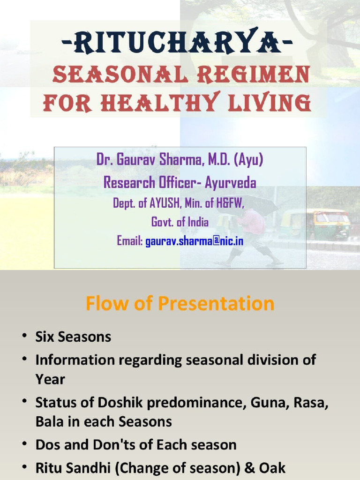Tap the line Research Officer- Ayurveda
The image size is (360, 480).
point(180,182)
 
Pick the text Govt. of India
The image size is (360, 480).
point(180,222)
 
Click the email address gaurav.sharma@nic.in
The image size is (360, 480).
point(194,241)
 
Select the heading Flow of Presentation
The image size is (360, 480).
point(180,304)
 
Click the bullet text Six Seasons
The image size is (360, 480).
point(73,337)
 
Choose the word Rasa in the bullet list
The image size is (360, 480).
point(308,403)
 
